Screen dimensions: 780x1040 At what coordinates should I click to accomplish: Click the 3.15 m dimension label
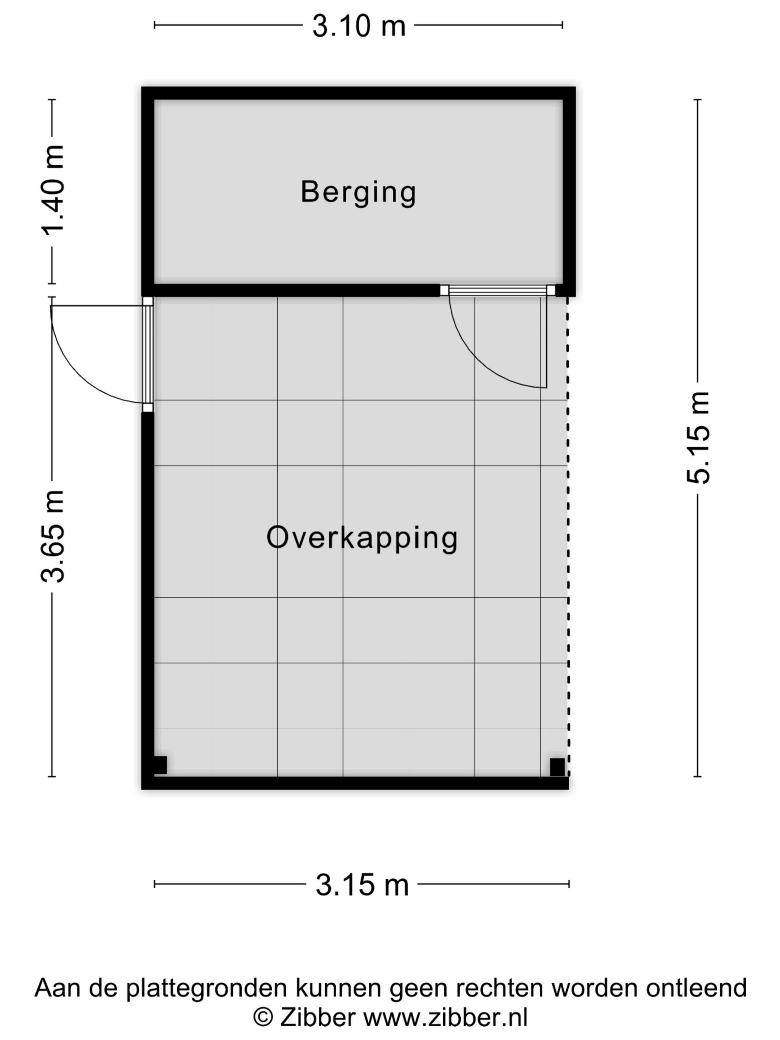(x=362, y=885)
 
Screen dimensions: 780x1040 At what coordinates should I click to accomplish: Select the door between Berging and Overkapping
(x=497, y=338)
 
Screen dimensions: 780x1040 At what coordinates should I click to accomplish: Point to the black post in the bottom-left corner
(x=159, y=765)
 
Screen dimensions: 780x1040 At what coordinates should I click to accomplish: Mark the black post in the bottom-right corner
(x=557, y=767)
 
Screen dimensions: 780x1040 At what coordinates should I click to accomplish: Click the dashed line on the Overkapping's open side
(x=568, y=536)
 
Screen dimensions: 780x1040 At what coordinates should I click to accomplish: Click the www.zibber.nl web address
(x=445, y=1018)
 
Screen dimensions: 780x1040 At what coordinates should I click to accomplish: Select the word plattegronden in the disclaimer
(x=206, y=988)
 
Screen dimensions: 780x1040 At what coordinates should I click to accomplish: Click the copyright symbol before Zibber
(x=263, y=1018)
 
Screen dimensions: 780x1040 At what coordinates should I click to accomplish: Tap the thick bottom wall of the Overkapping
(x=355, y=783)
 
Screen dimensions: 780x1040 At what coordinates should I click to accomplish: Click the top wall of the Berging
(x=358, y=93)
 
